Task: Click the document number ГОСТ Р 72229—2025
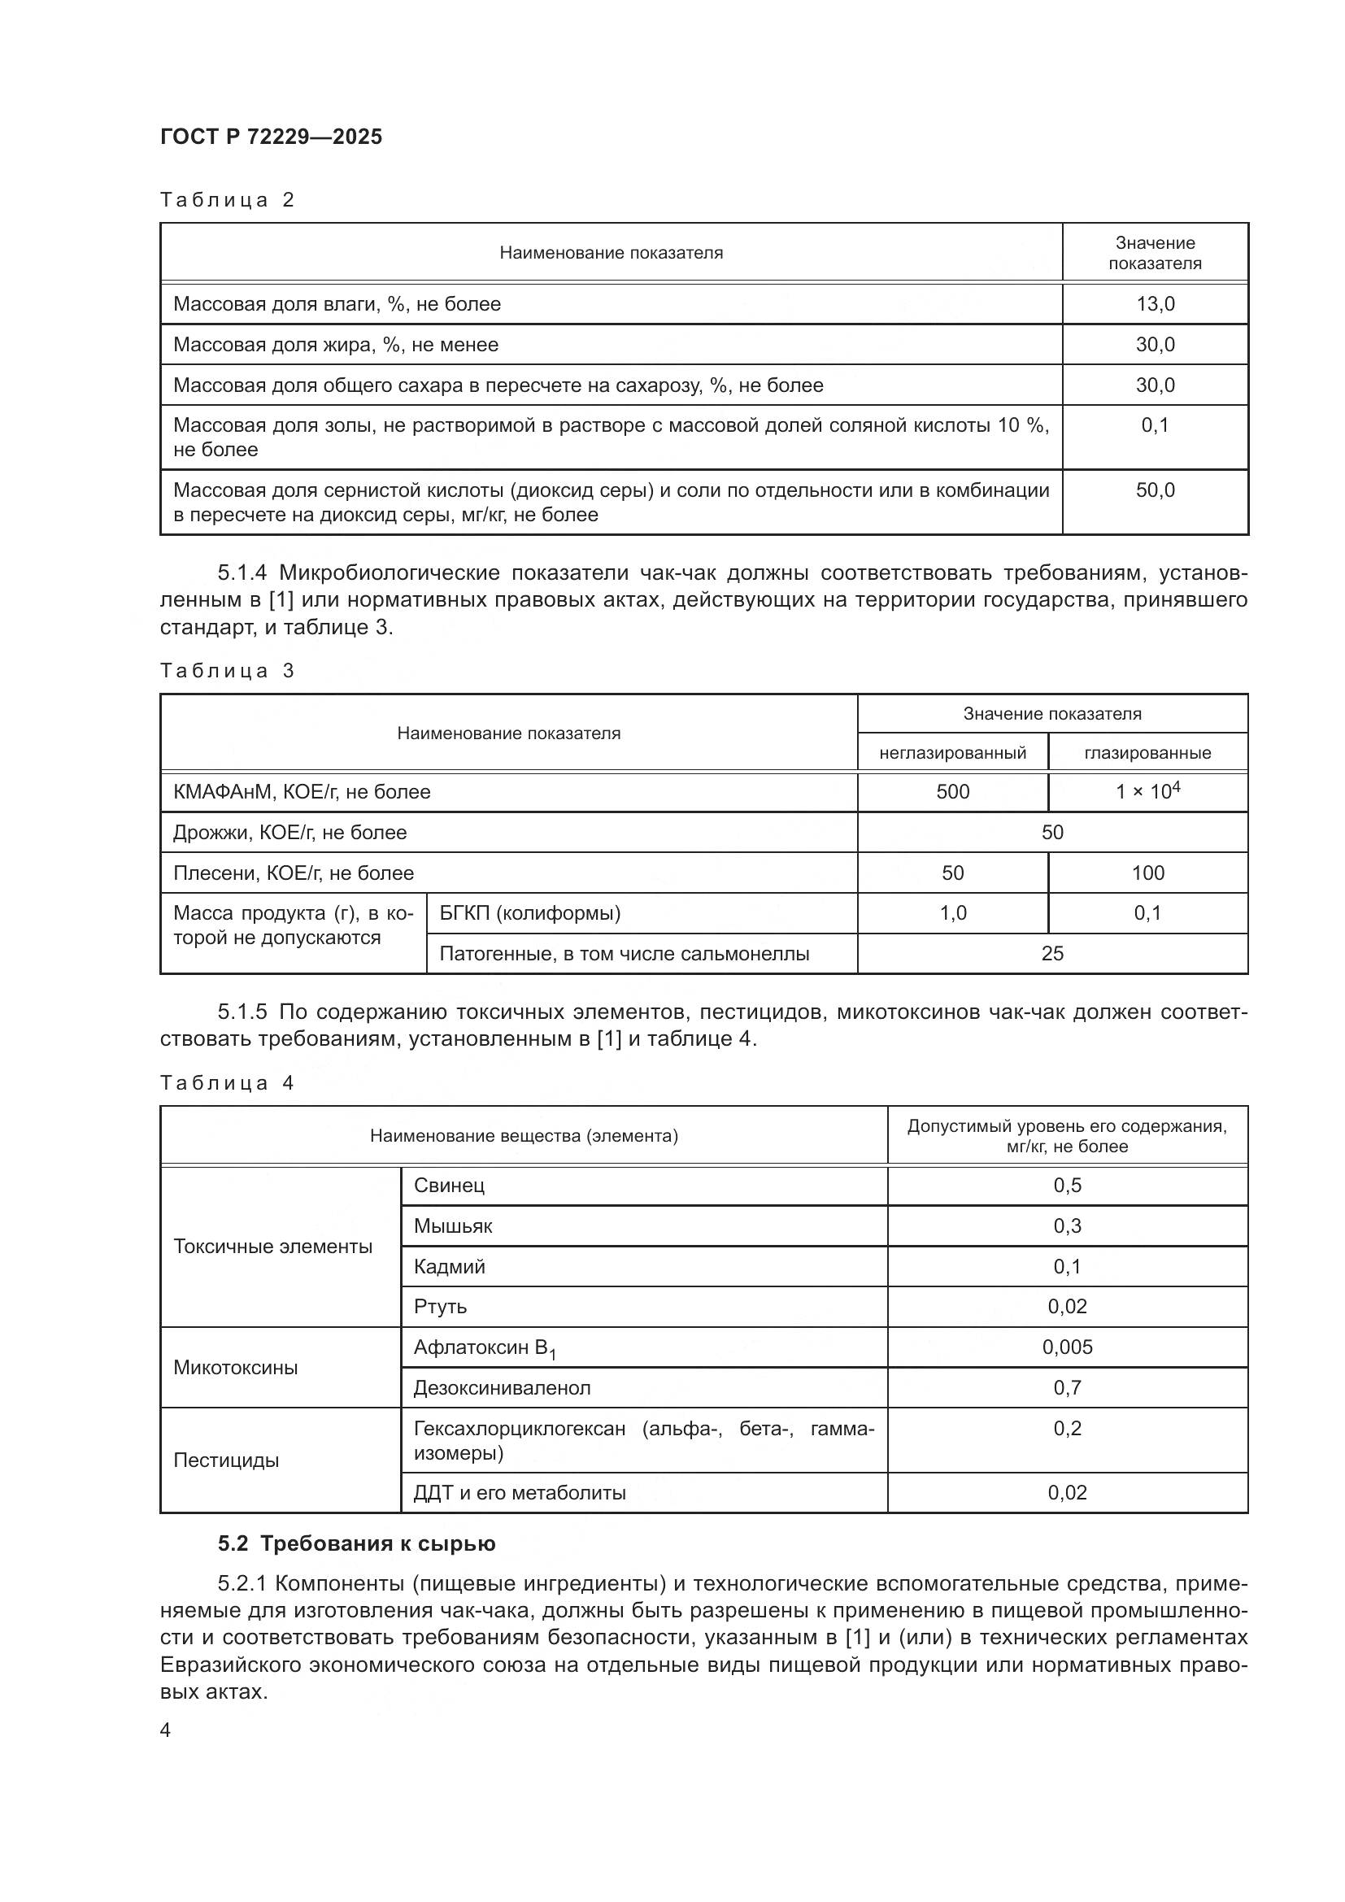pyautogui.click(x=271, y=137)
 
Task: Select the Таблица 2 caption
pyautogui.click(x=227, y=200)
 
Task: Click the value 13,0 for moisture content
pyautogui.click(x=1155, y=304)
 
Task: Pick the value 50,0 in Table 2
pyautogui.click(x=1155, y=490)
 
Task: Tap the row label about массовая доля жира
pyautogui.click(x=335, y=345)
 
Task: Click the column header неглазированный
pyautogui.click(x=952, y=753)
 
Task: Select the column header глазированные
pyautogui.click(x=1147, y=753)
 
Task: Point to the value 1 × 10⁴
pyautogui.click(x=1147, y=791)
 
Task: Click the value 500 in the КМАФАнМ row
pyautogui.click(x=952, y=791)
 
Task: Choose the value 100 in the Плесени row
pyautogui.click(x=1147, y=873)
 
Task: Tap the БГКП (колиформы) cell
pyautogui.click(x=530, y=913)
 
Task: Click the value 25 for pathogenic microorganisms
pyautogui.click(x=1051, y=954)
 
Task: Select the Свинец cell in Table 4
pyautogui.click(x=449, y=1186)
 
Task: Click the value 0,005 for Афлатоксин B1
pyautogui.click(x=1067, y=1347)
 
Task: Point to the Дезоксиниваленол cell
pyautogui.click(x=502, y=1387)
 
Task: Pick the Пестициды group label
pyautogui.click(x=226, y=1460)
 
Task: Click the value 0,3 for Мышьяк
pyautogui.click(x=1067, y=1226)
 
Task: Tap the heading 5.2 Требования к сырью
pyautogui.click(x=356, y=1543)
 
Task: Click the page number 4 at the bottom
pyautogui.click(x=166, y=1730)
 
